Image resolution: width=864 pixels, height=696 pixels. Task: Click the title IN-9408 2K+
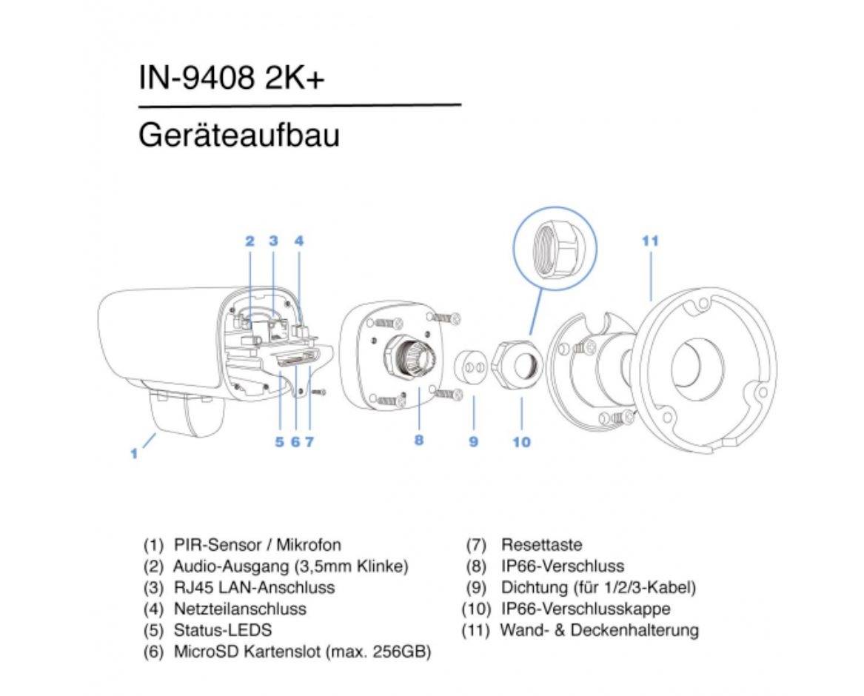232,78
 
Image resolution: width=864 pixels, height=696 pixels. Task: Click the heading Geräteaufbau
238,136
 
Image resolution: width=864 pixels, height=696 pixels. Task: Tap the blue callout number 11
650,241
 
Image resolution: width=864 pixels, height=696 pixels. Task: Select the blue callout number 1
134,453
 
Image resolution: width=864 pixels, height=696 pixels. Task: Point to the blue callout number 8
419,440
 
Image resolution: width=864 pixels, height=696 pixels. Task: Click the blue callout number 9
473,442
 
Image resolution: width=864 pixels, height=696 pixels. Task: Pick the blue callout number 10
521,442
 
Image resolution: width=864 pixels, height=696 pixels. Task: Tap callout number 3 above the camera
273,241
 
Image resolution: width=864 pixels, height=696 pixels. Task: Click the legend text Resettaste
541,546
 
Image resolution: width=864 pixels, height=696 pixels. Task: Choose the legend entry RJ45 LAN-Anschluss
253,588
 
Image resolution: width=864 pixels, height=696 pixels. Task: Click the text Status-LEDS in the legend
222,631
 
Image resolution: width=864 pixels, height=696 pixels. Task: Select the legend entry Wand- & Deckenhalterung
599,631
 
